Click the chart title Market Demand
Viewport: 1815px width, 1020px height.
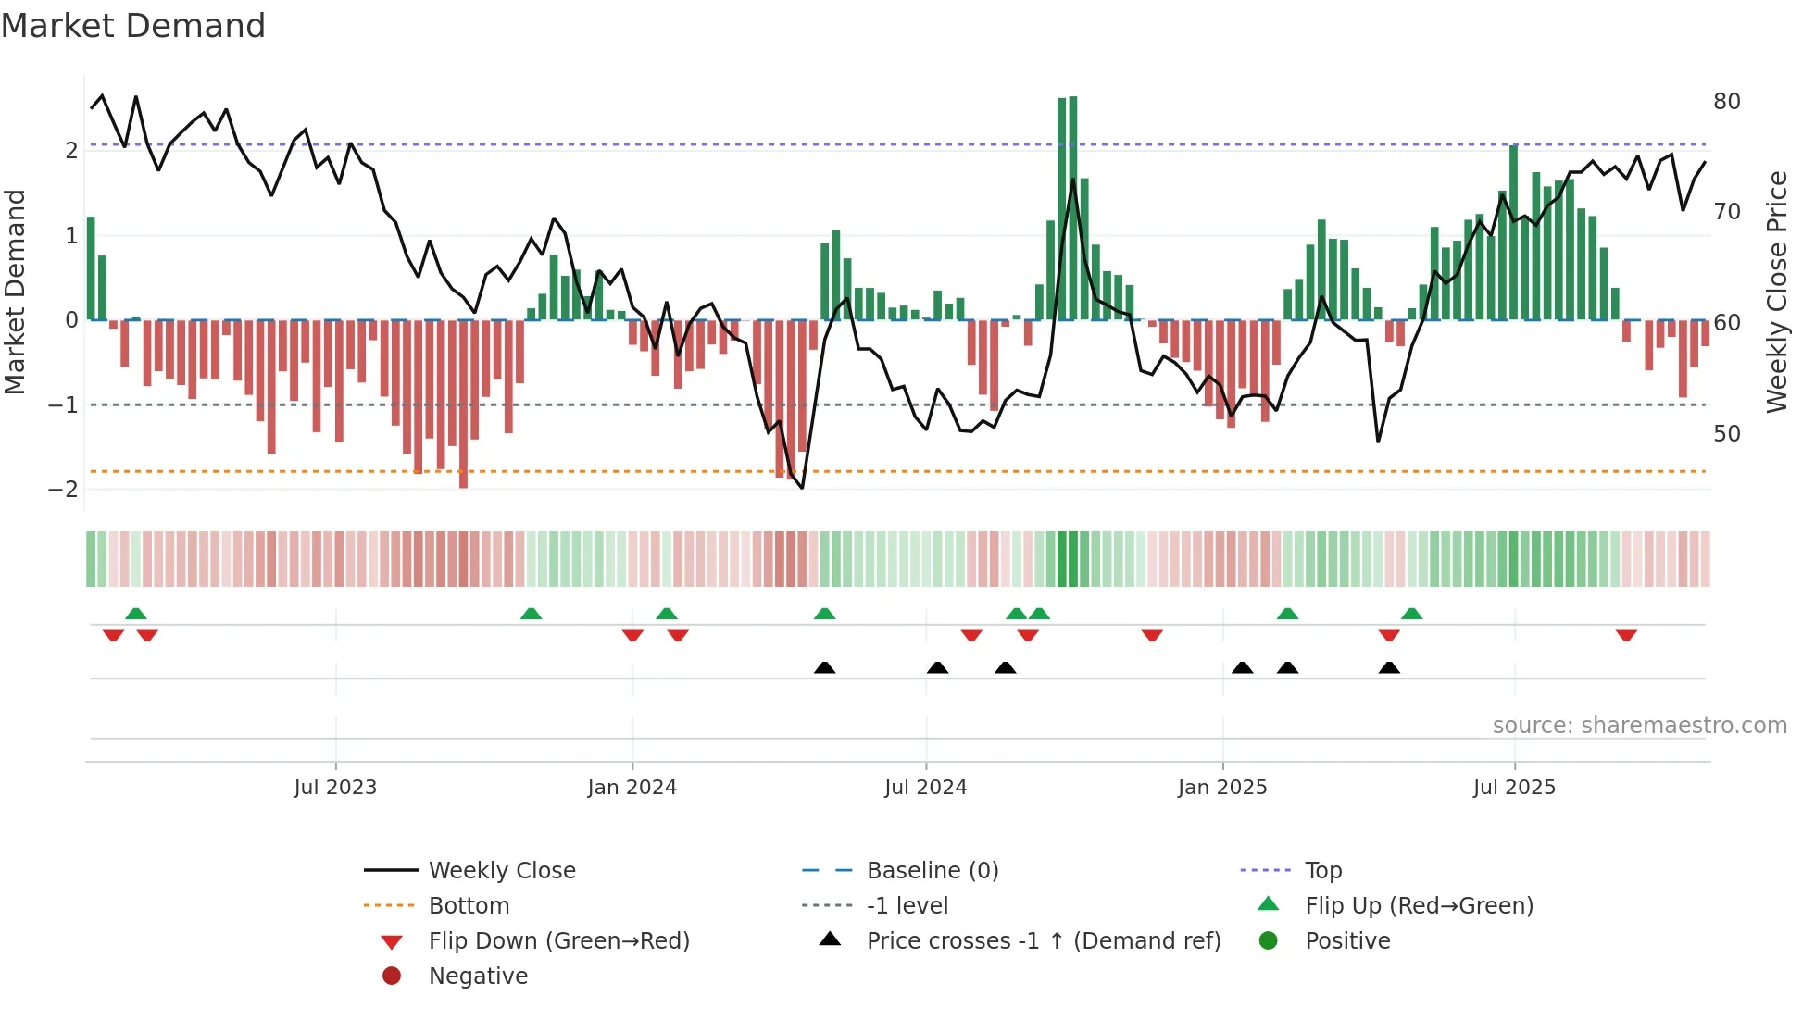pyautogui.click(x=133, y=26)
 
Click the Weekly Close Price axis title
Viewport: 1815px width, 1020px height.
pyautogui.click(x=1776, y=292)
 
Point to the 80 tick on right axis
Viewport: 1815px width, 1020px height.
pyautogui.click(x=1726, y=102)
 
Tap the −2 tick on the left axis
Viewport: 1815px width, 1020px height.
pyautogui.click(x=63, y=489)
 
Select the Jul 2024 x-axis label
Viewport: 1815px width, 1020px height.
pyautogui.click(x=925, y=788)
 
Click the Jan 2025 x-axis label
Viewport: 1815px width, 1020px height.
pyautogui.click(x=1221, y=788)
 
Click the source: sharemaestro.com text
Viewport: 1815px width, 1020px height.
pyautogui.click(x=1639, y=726)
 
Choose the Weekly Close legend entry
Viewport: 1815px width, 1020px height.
pyautogui.click(x=501, y=871)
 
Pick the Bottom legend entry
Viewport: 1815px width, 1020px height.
pyautogui.click(x=469, y=906)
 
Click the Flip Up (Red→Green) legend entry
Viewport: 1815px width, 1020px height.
pyautogui.click(x=1419, y=906)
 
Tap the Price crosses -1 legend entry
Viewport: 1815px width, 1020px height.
pyautogui.click(x=1043, y=941)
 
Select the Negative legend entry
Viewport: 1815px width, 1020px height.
pyautogui.click(x=478, y=976)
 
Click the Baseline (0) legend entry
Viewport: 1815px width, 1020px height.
pyautogui.click(x=932, y=871)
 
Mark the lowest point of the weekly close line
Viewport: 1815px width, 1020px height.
pyautogui.click(x=802, y=488)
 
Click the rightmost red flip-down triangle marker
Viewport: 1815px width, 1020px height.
pyautogui.click(x=1626, y=635)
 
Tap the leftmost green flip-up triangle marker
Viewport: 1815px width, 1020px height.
pyautogui.click(x=136, y=614)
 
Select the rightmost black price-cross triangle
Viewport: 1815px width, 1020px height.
pyautogui.click(x=1389, y=667)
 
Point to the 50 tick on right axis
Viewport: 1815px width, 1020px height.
pyautogui.click(x=1726, y=434)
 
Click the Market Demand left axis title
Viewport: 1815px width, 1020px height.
pyautogui.click(x=15, y=292)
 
